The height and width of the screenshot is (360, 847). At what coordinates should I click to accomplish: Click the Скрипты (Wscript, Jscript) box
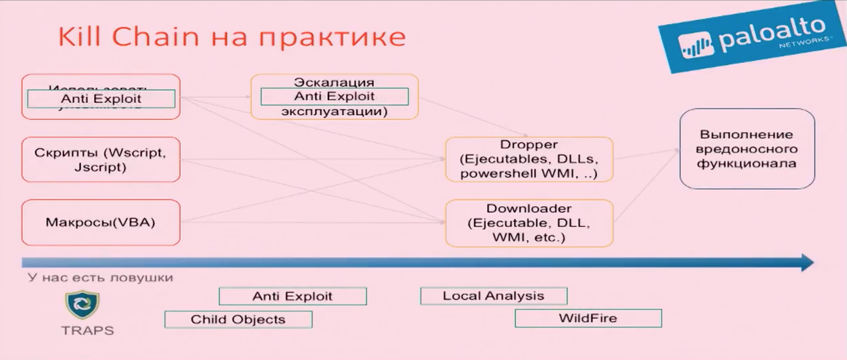(100, 159)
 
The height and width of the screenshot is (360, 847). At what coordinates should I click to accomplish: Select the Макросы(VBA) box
(100, 222)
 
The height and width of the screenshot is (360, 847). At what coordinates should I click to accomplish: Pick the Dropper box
(529, 159)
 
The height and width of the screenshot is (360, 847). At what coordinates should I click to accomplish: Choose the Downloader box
(529, 222)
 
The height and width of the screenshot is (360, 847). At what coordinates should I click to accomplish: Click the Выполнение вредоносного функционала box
(747, 149)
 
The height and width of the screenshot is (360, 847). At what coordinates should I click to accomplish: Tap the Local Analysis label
(493, 296)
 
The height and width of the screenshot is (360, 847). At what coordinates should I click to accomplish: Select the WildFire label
(587, 318)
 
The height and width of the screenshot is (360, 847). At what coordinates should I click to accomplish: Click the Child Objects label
(238, 319)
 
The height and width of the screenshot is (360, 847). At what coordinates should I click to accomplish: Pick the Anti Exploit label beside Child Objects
(292, 296)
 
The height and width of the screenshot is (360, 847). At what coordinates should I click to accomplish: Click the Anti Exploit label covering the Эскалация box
(334, 96)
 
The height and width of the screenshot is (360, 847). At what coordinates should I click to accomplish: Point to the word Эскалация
(334, 82)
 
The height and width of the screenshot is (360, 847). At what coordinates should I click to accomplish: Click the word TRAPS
(87, 331)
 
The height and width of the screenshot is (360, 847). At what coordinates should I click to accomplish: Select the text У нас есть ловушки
(100, 277)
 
